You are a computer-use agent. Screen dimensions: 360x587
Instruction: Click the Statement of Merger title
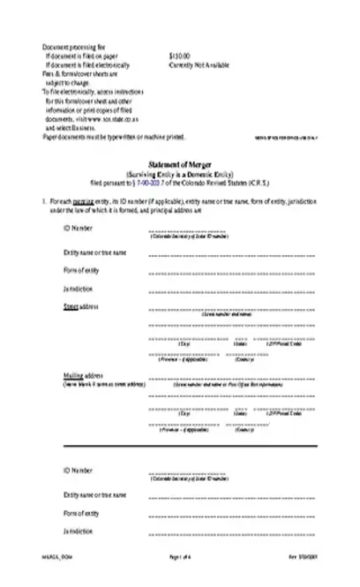click(x=180, y=191)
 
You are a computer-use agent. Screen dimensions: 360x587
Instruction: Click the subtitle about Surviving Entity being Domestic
click(x=180, y=199)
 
